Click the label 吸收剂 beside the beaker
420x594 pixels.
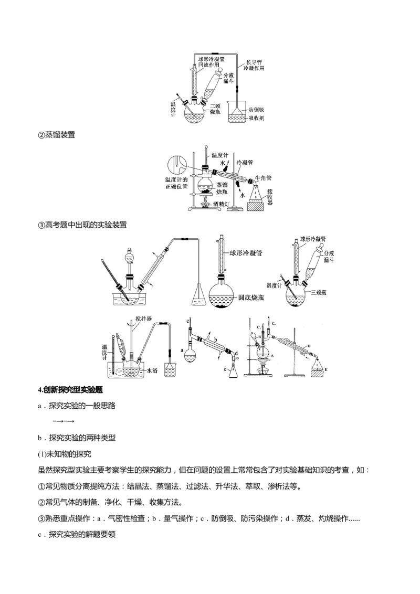pyautogui.click(x=256, y=119)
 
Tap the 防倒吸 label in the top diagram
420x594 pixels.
pyautogui.click(x=256, y=110)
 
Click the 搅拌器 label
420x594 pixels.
pyautogui.click(x=143, y=319)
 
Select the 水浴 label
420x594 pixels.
pyautogui.click(x=152, y=370)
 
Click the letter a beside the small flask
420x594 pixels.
pyautogui.click(x=182, y=348)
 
